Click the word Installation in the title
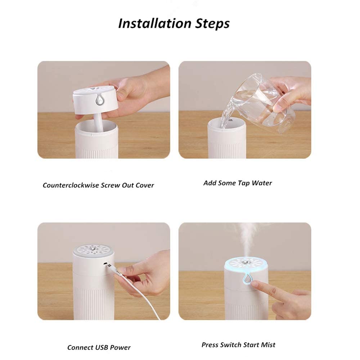[x=155, y=23]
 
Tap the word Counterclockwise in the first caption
[x=70, y=185]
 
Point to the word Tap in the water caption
[x=244, y=183]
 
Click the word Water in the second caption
[x=262, y=183]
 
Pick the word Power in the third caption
[x=120, y=347]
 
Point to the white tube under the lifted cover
[x=98, y=123]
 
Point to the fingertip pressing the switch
[x=254, y=284]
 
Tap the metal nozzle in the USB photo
[x=93, y=248]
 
